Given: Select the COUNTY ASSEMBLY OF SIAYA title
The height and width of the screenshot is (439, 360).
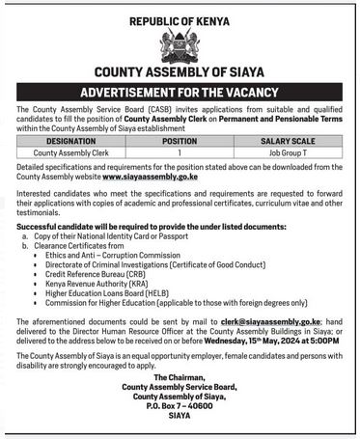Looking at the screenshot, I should coord(179,73).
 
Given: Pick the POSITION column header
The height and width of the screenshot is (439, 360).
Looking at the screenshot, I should coord(180,141).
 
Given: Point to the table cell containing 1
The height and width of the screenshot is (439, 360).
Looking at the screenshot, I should coord(180,152).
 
